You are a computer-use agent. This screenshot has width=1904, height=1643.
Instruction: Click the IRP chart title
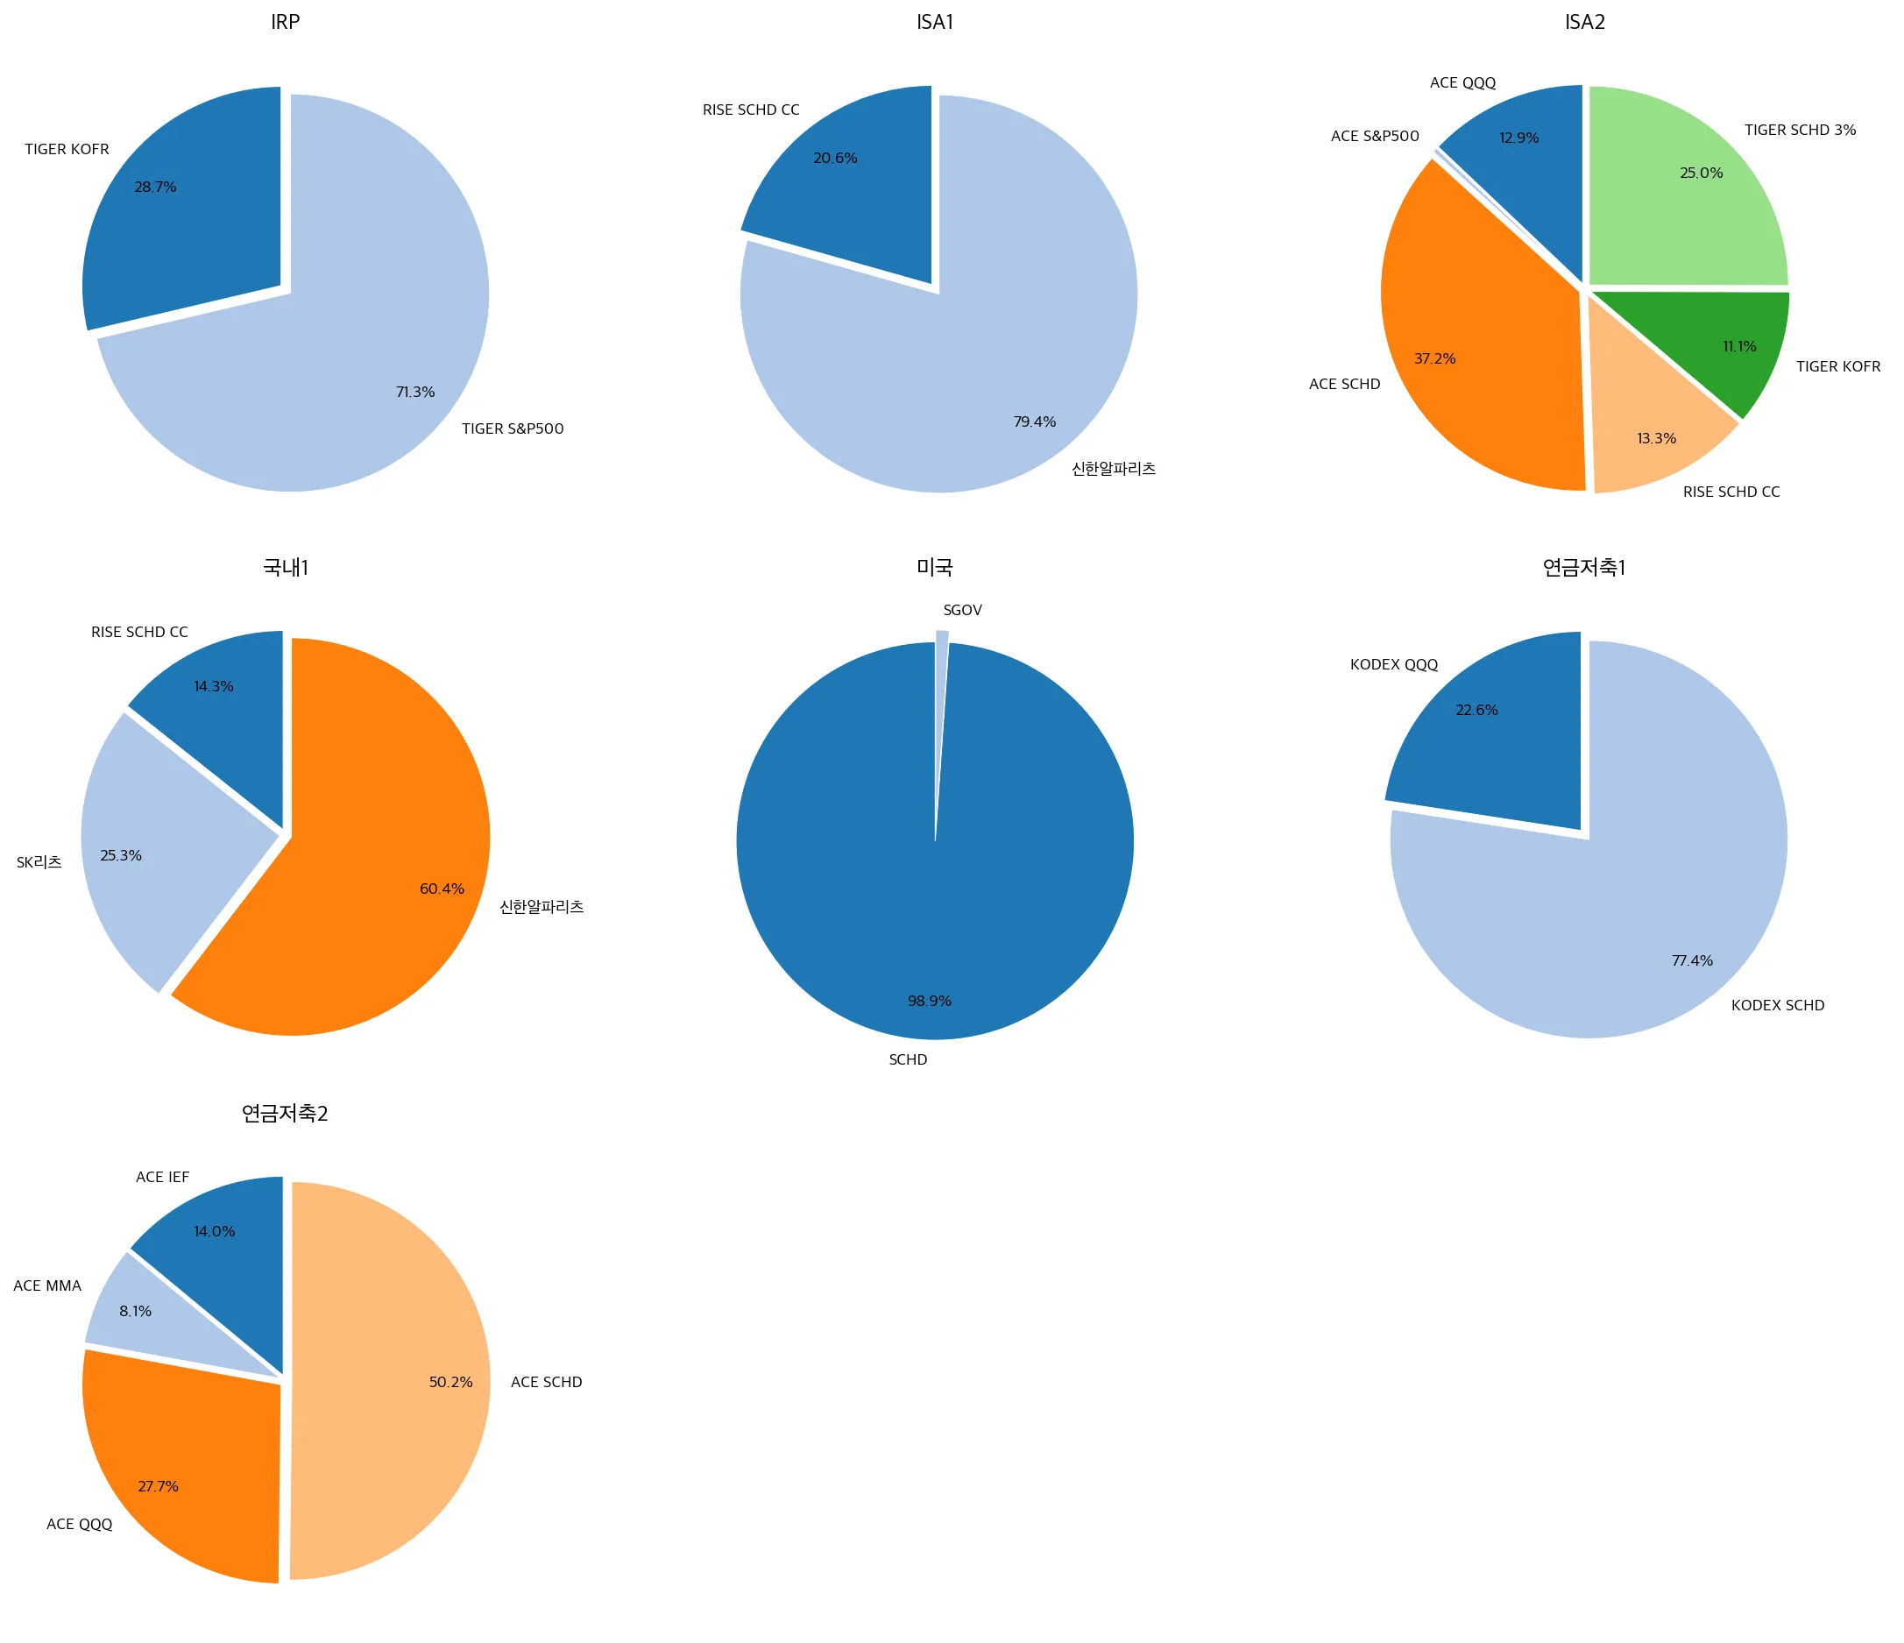pos(285,22)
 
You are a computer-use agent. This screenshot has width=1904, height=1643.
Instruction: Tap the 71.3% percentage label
pos(415,393)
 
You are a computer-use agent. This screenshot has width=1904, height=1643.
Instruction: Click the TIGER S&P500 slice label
pos(512,429)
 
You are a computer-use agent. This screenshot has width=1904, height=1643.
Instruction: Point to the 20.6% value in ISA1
pos(835,158)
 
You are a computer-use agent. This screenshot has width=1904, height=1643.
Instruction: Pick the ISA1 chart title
pos(935,22)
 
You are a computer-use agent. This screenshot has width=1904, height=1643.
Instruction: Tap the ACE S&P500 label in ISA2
pos(1375,136)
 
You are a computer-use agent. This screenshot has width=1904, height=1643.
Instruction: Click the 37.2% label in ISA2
pos(1434,358)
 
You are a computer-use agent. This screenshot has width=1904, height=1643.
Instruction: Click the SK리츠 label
pos(39,862)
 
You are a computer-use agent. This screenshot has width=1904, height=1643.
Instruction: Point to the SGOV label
pos(962,610)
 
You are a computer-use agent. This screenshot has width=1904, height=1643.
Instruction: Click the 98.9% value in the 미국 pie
pos(929,1001)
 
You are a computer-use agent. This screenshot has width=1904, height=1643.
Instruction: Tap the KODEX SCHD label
pos(1777,1005)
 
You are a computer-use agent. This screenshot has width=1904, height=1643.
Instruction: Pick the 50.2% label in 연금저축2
pos(450,1382)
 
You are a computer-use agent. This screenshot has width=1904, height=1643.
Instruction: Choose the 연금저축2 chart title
pos(285,1114)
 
